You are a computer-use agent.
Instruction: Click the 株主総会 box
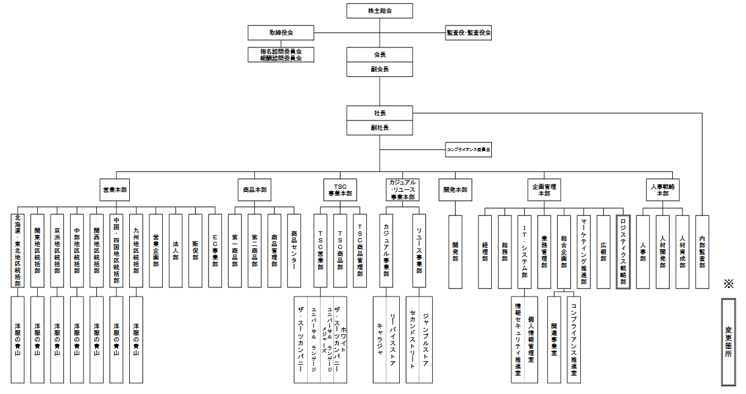tap(380, 11)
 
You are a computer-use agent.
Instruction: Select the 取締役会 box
tap(280, 33)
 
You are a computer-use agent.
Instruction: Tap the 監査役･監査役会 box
tap(469, 33)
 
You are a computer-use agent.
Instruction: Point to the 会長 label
tap(380, 55)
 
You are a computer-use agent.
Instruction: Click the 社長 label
tap(380, 113)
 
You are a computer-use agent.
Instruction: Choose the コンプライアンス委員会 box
tap(469, 149)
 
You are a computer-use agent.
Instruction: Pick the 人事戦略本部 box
tap(663, 189)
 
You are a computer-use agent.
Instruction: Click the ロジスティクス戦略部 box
tap(623, 251)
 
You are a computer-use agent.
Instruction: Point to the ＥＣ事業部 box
tap(215, 251)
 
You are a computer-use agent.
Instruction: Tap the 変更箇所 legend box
tap(728, 342)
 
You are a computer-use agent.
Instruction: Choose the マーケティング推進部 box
tap(583, 251)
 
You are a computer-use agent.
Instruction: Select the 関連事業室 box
tap(554, 339)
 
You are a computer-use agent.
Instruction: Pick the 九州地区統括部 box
tap(137, 251)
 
